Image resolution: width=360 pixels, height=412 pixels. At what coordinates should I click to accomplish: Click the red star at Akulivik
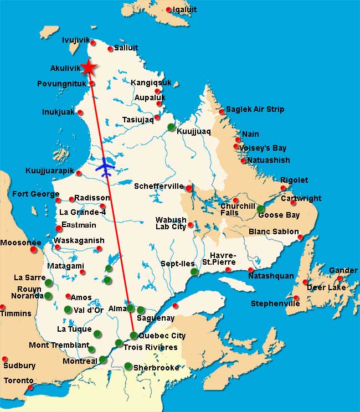(x=88, y=67)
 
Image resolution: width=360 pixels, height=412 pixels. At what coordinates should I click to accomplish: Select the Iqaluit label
(x=184, y=9)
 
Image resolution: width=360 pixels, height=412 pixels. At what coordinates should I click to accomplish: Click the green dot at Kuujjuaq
(x=172, y=127)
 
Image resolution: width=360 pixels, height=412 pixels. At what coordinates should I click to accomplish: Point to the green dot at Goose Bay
(x=261, y=209)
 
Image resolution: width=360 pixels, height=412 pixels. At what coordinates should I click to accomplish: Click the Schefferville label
(x=158, y=187)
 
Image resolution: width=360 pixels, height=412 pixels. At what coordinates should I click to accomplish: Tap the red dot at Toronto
(x=30, y=388)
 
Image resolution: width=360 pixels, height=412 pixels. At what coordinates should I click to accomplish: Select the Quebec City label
(x=162, y=336)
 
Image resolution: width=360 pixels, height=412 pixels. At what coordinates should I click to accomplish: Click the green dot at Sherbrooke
(x=128, y=366)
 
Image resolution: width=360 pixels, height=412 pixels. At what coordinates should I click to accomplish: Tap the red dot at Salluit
(x=110, y=49)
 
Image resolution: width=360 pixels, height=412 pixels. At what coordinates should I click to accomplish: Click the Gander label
(x=343, y=270)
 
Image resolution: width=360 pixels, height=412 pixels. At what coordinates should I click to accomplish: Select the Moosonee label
(x=20, y=243)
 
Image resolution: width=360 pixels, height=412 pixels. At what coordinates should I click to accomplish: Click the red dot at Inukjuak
(x=81, y=112)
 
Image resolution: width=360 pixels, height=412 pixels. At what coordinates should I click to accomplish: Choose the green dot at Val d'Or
(x=68, y=310)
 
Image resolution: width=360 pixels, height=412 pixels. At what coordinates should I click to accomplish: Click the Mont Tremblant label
(x=59, y=346)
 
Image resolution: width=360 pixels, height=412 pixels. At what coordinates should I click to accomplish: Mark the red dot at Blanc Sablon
(x=301, y=238)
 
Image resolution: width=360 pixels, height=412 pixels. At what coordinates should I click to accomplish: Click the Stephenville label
(x=275, y=303)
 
